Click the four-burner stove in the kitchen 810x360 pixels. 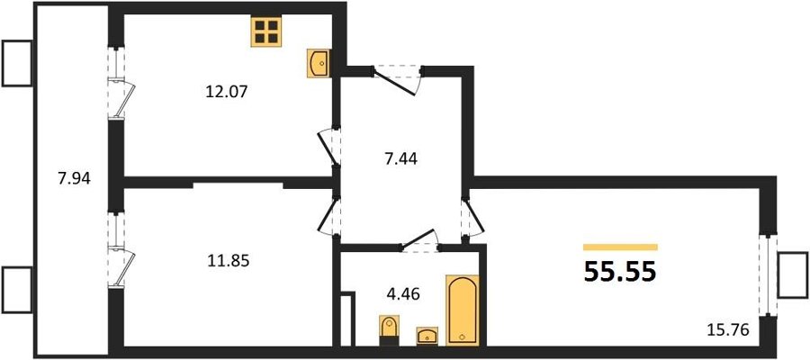(266, 31)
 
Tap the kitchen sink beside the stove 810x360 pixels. (319, 63)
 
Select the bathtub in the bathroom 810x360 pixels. (462, 310)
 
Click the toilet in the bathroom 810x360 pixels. (389, 330)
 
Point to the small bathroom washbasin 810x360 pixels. (427, 335)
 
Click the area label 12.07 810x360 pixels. (227, 93)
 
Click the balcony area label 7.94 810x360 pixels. (75, 179)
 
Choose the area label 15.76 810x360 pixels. (728, 329)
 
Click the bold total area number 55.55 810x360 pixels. (620, 272)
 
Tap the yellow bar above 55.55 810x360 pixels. (620, 247)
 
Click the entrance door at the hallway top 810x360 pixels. (397, 81)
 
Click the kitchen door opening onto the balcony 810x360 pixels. (121, 98)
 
